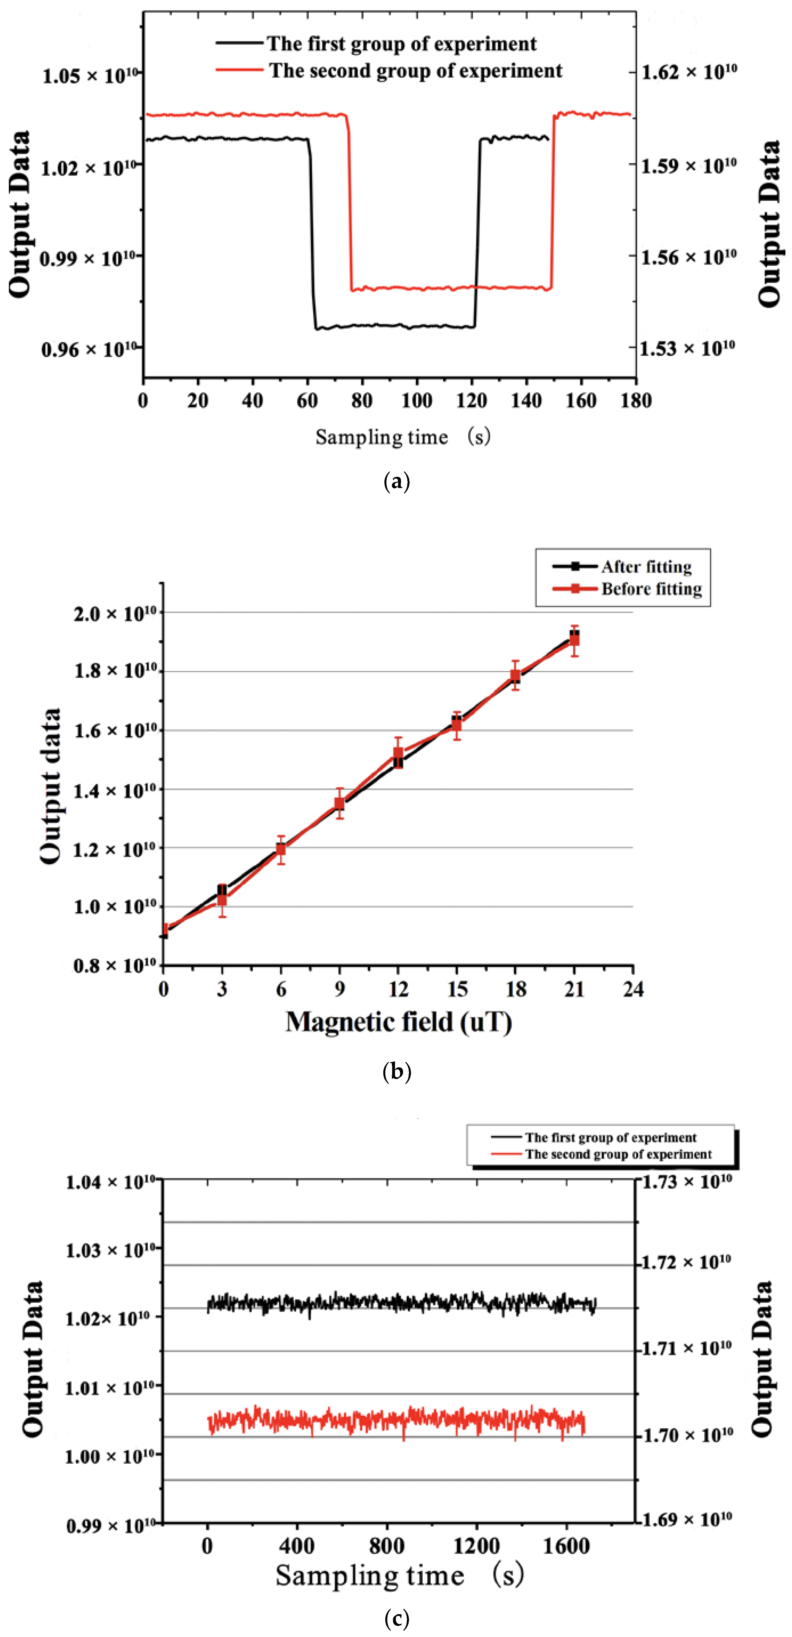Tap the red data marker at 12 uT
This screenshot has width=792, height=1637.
pos(398,754)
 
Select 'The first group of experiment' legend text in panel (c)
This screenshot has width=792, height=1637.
pos(610,1138)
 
